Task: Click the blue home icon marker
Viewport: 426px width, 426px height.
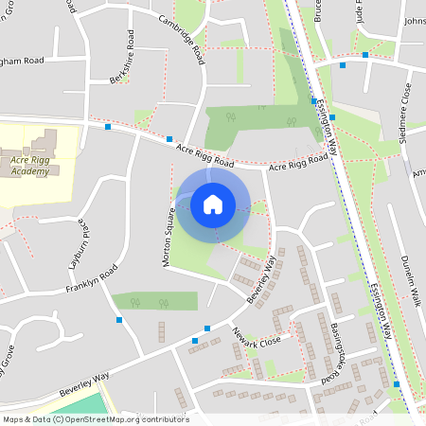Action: pos(213,204)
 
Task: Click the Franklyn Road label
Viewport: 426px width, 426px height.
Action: pos(91,279)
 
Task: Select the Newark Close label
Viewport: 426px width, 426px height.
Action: pos(257,341)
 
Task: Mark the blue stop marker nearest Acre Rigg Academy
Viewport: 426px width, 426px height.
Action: pos(108,126)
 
